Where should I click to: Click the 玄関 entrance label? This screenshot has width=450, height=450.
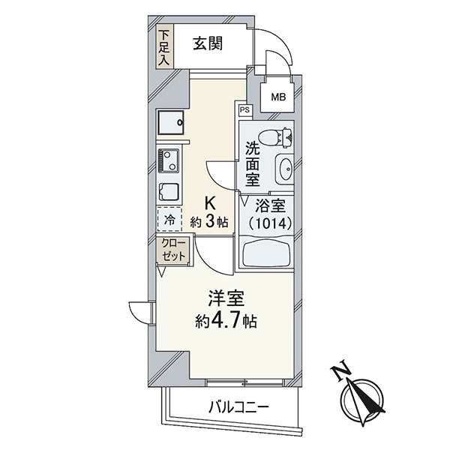click(x=208, y=44)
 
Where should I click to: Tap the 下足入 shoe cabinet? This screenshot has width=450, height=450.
click(x=165, y=46)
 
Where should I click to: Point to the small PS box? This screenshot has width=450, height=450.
click(x=244, y=110)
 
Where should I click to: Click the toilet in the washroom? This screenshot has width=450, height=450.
click(x=275, y=138)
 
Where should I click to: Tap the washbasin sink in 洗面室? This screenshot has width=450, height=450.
click(x=284, y=169)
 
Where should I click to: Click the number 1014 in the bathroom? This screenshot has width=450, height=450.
click(x=271, y=223)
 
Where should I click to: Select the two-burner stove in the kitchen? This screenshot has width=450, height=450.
click(x=168, y=160)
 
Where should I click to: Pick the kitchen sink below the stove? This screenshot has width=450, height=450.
click(x=168, y=192)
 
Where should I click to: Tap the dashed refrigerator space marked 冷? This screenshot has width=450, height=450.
click(x=169, y=219)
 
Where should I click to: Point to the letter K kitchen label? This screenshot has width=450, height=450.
click(x=210, y=205)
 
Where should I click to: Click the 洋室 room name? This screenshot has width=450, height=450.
click(x=226, y=298)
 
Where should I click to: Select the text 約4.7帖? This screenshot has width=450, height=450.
click(x=226, y=322)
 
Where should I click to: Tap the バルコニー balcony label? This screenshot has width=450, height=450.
click(x=238, y=407)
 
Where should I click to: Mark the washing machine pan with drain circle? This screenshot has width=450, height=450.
click(x=170, y=122)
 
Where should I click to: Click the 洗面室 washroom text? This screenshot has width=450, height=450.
click(x=252, y=165)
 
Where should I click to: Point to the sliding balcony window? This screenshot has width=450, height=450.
click(x=244, y=382)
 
